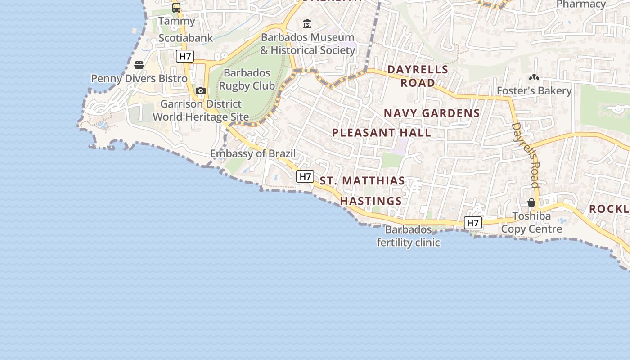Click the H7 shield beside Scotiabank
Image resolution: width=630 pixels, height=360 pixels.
pyautogui.click(x=184, y=56)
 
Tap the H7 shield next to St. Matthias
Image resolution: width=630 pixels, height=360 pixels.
pyautogui.click(x=305, y=177)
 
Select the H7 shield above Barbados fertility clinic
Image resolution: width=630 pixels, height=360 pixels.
pyautogui.click(x=473, y=223)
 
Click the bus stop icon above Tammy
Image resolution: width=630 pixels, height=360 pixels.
pyautogui.click(x=176, y=8)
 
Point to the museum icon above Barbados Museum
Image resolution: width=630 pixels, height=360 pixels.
pyautogui.click(x=307, y=23)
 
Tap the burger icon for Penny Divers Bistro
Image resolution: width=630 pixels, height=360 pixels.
pyautogui.click(x=139, y=65)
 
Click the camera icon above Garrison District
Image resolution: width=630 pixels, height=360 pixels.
pyautogui.click(x=201, y=91)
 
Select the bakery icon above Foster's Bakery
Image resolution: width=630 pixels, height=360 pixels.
pyautogui.click(x=534, y=78)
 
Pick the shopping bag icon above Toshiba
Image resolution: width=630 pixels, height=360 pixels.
pyautogui.click(x=531, y=202)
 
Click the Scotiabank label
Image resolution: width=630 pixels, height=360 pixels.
pyautogui.click(x=185, y=38)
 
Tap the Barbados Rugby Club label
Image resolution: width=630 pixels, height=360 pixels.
pyautogui.click(x=247, y=79)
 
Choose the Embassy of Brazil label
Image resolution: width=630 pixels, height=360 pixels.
pyautogui.click(x=253, y=154)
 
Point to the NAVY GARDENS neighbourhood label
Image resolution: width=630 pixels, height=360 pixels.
pyautogui.click(x=432, y=113)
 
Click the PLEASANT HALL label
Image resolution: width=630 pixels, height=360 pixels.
pyautogui.click(x=382, y=133)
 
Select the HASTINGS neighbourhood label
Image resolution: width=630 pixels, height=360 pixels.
pyautogui.click(x=371, y=201)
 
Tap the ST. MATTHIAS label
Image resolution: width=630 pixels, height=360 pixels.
pyautogui.click(x=362, y=181)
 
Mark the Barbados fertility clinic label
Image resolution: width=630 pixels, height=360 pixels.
pyautogui.click(x=408, y=236)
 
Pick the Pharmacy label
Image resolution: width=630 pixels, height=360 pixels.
pyautogui.click(x=581, y=4)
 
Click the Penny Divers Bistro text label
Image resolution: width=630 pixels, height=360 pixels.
pyautogui.click(x=139, y=79)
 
